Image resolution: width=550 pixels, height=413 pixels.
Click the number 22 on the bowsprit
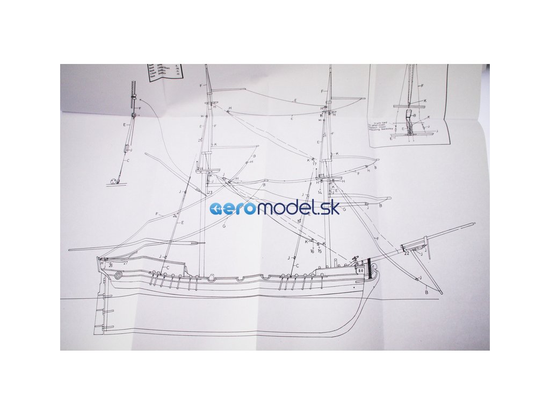pos(407,253)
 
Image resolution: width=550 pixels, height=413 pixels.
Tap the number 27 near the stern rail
pos(125,263)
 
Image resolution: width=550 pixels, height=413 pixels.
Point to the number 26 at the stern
pos(111,265)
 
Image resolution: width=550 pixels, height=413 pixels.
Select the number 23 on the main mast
pos(209,193)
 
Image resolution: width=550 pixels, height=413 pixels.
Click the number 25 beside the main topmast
pos(200,140)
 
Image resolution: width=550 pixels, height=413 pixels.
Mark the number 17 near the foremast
pos(314,163)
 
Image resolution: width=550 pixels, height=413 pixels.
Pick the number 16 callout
pos(312,251)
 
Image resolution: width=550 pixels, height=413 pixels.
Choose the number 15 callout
pos(320,251)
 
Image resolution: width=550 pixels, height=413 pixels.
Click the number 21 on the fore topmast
pos(324,136)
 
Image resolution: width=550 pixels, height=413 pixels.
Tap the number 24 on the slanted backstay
pos(175,216)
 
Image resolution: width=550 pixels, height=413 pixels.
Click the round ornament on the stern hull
pos(119,275)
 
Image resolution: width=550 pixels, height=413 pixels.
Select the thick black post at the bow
pos(369,267)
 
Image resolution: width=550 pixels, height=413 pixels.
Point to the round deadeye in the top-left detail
pos(114,182)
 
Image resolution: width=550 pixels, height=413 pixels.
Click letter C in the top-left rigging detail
pos(128,160)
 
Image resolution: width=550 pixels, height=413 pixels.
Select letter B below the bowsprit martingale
pos(426,293)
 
